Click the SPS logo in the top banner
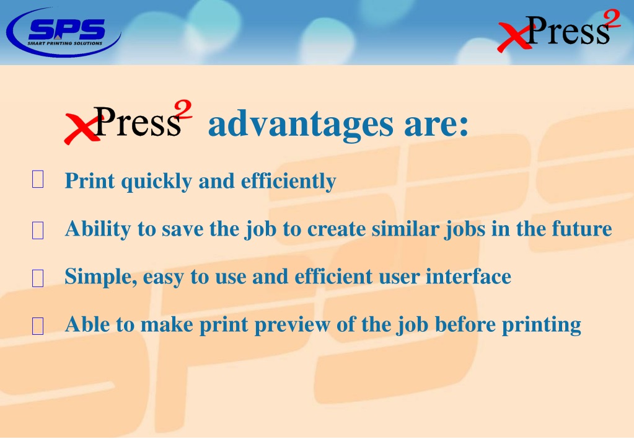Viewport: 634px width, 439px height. pyautogui.click(x=64, y=32)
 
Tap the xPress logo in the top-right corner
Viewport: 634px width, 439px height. pyautogui.click(x=559, y=31)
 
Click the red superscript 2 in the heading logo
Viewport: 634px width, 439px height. pyautogui.click(x=183, y=110)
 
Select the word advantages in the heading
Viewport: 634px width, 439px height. pyautogui.click(x=301, y=124)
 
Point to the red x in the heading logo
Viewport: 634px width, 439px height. pyautogui.click(x=81, y=128)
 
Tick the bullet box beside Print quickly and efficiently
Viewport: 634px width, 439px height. pyautogui.click(x=38, y=179)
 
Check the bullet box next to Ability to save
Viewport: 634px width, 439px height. pyautogui.click(x=38, y=230)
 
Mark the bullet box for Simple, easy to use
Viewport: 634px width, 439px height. pyautogui.click(x=38, y=278)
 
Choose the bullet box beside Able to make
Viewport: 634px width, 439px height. pyautogui.click(x=38, y=326)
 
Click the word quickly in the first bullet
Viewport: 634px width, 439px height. pyautogui.click(x=156, y=182)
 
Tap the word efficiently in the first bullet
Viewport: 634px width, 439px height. pyautogui.click(x=288, y=182)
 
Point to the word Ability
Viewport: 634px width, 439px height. pyautogui.click(x=98, y=229)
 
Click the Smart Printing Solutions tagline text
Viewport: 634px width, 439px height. pyautogui.click(x=64, y=43)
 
